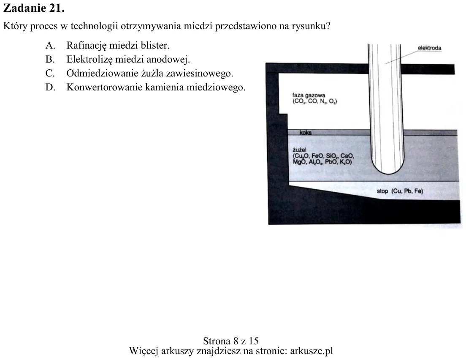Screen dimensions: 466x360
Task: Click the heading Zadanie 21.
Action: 34,8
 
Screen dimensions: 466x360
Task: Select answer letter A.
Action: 50,46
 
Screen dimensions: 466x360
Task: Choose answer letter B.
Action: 50,60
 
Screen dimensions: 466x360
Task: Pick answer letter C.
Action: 50,73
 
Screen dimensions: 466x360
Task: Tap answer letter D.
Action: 50,87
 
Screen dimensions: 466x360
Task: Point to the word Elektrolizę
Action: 89,60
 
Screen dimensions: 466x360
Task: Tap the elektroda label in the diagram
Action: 429,48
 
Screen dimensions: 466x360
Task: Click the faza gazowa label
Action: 309,95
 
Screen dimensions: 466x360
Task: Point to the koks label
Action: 305,132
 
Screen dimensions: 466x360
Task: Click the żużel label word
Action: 299,150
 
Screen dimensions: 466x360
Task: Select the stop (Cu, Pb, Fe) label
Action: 400,191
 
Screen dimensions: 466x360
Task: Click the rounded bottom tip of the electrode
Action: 387,174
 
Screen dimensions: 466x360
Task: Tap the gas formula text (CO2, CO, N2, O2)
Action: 315,101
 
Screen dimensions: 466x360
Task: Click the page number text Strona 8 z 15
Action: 231,341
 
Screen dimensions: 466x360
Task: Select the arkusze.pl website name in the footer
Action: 312,351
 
